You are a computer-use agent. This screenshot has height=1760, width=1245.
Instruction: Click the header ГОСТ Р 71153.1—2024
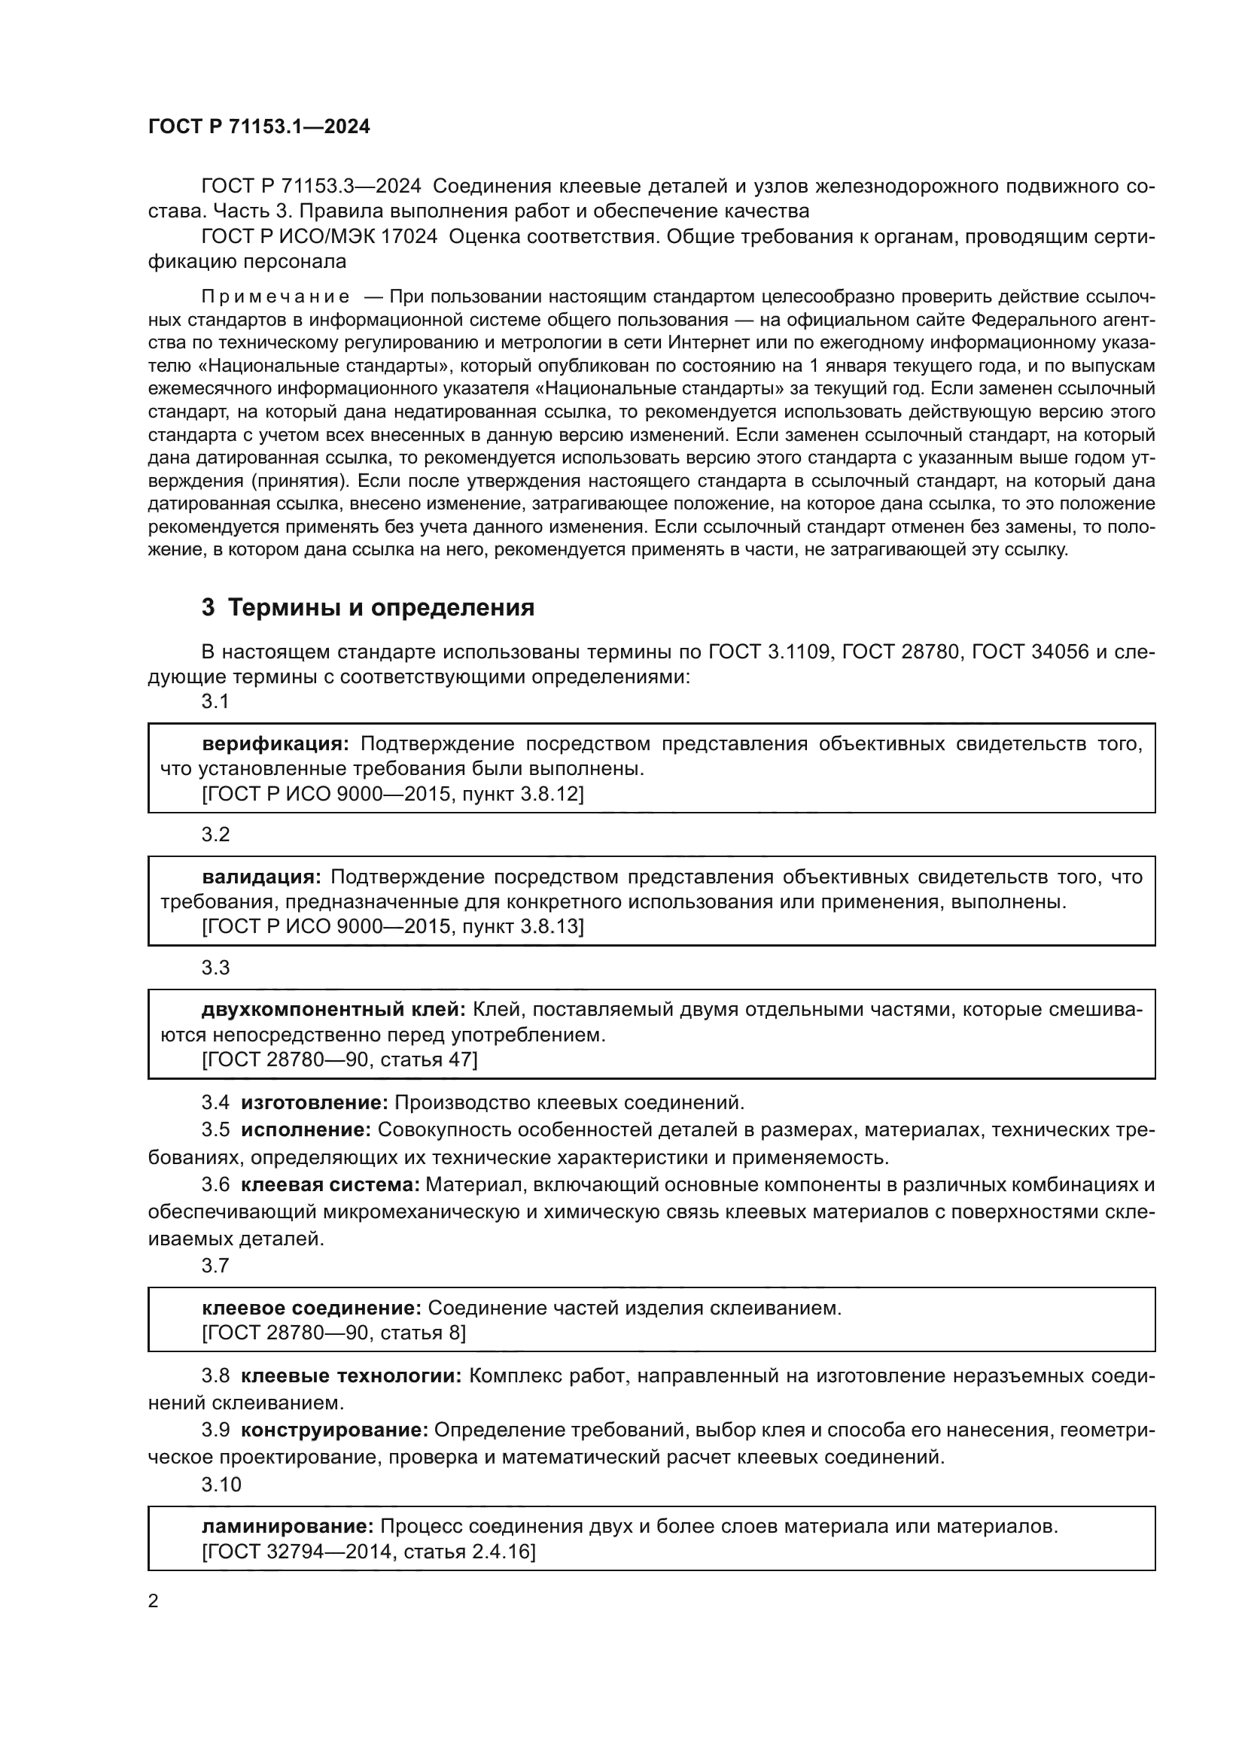coord(258,127)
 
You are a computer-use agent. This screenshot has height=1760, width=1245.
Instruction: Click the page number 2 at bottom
coord(154,1601)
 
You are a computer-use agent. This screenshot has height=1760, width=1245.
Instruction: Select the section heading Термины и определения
coord(381,608)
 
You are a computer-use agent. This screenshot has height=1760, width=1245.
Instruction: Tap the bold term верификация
coord(275,743)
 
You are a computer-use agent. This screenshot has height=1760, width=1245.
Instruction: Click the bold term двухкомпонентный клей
coord(333,1010)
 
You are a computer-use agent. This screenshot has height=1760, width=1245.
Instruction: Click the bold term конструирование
coord(334,1409)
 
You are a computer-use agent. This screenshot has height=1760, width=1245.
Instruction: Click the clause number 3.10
coord(221,1464)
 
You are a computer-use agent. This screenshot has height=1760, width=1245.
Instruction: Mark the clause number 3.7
coord(215,1266)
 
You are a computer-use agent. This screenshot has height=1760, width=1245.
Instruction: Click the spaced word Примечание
coord(275,296)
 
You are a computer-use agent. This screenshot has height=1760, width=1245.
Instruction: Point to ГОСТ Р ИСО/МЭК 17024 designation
coord(319,237)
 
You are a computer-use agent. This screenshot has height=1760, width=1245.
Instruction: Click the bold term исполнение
coord(306,1129)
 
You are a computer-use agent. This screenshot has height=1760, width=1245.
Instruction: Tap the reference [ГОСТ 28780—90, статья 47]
coord(339,1059)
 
